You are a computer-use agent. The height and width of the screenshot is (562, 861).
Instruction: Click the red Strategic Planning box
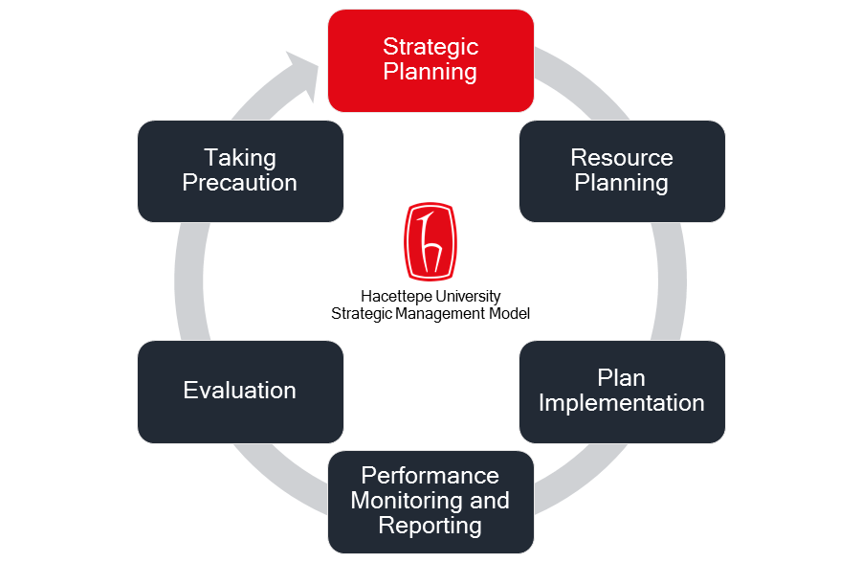(430, 60)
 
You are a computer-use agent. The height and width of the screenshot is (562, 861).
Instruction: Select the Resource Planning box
(622, 171)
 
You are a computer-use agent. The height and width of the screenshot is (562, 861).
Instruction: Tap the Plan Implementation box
(622, 392)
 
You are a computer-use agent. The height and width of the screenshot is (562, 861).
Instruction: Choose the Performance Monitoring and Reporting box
(430, 501)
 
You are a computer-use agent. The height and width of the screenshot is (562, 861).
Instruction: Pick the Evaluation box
(240, 392)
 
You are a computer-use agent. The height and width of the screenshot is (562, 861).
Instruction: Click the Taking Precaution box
(240, 171)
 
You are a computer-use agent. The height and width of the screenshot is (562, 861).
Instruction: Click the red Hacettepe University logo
(430, 240)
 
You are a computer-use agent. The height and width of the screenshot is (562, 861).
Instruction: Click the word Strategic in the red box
(430, 47)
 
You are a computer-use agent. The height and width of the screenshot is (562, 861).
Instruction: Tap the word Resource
(622, 158)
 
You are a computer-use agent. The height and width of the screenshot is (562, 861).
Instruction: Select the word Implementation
(622, 403)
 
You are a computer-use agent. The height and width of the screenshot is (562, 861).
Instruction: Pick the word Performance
(430, 476)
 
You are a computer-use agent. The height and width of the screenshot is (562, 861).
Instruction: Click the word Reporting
(430, 526)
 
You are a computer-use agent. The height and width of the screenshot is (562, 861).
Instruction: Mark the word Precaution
(240, 183)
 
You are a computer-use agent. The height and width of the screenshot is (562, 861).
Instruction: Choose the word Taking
(240, 158)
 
